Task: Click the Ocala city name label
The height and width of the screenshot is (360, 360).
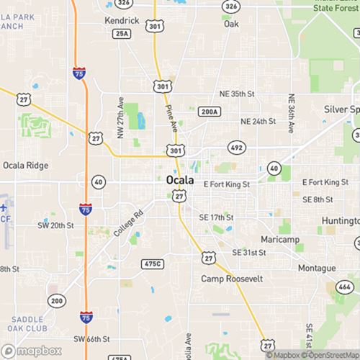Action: [179, 180]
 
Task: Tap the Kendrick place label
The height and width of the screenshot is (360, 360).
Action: [121, 20]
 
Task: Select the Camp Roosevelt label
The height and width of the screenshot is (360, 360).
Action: [232, 279]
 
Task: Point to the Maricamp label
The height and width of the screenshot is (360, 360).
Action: [279, 239]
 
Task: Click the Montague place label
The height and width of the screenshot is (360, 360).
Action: [317, 268]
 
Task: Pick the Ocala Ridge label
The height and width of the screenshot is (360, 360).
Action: [25, 166]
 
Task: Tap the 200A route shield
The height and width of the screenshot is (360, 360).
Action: [208, 112]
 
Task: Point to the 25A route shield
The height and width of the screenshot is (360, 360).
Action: [122, 33]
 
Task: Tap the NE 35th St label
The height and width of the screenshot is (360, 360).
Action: [237, 94]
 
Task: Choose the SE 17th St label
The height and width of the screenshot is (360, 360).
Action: [216, 217]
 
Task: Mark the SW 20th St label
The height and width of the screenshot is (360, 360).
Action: [56, 225]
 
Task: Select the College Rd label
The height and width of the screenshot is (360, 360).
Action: [129, 222]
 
